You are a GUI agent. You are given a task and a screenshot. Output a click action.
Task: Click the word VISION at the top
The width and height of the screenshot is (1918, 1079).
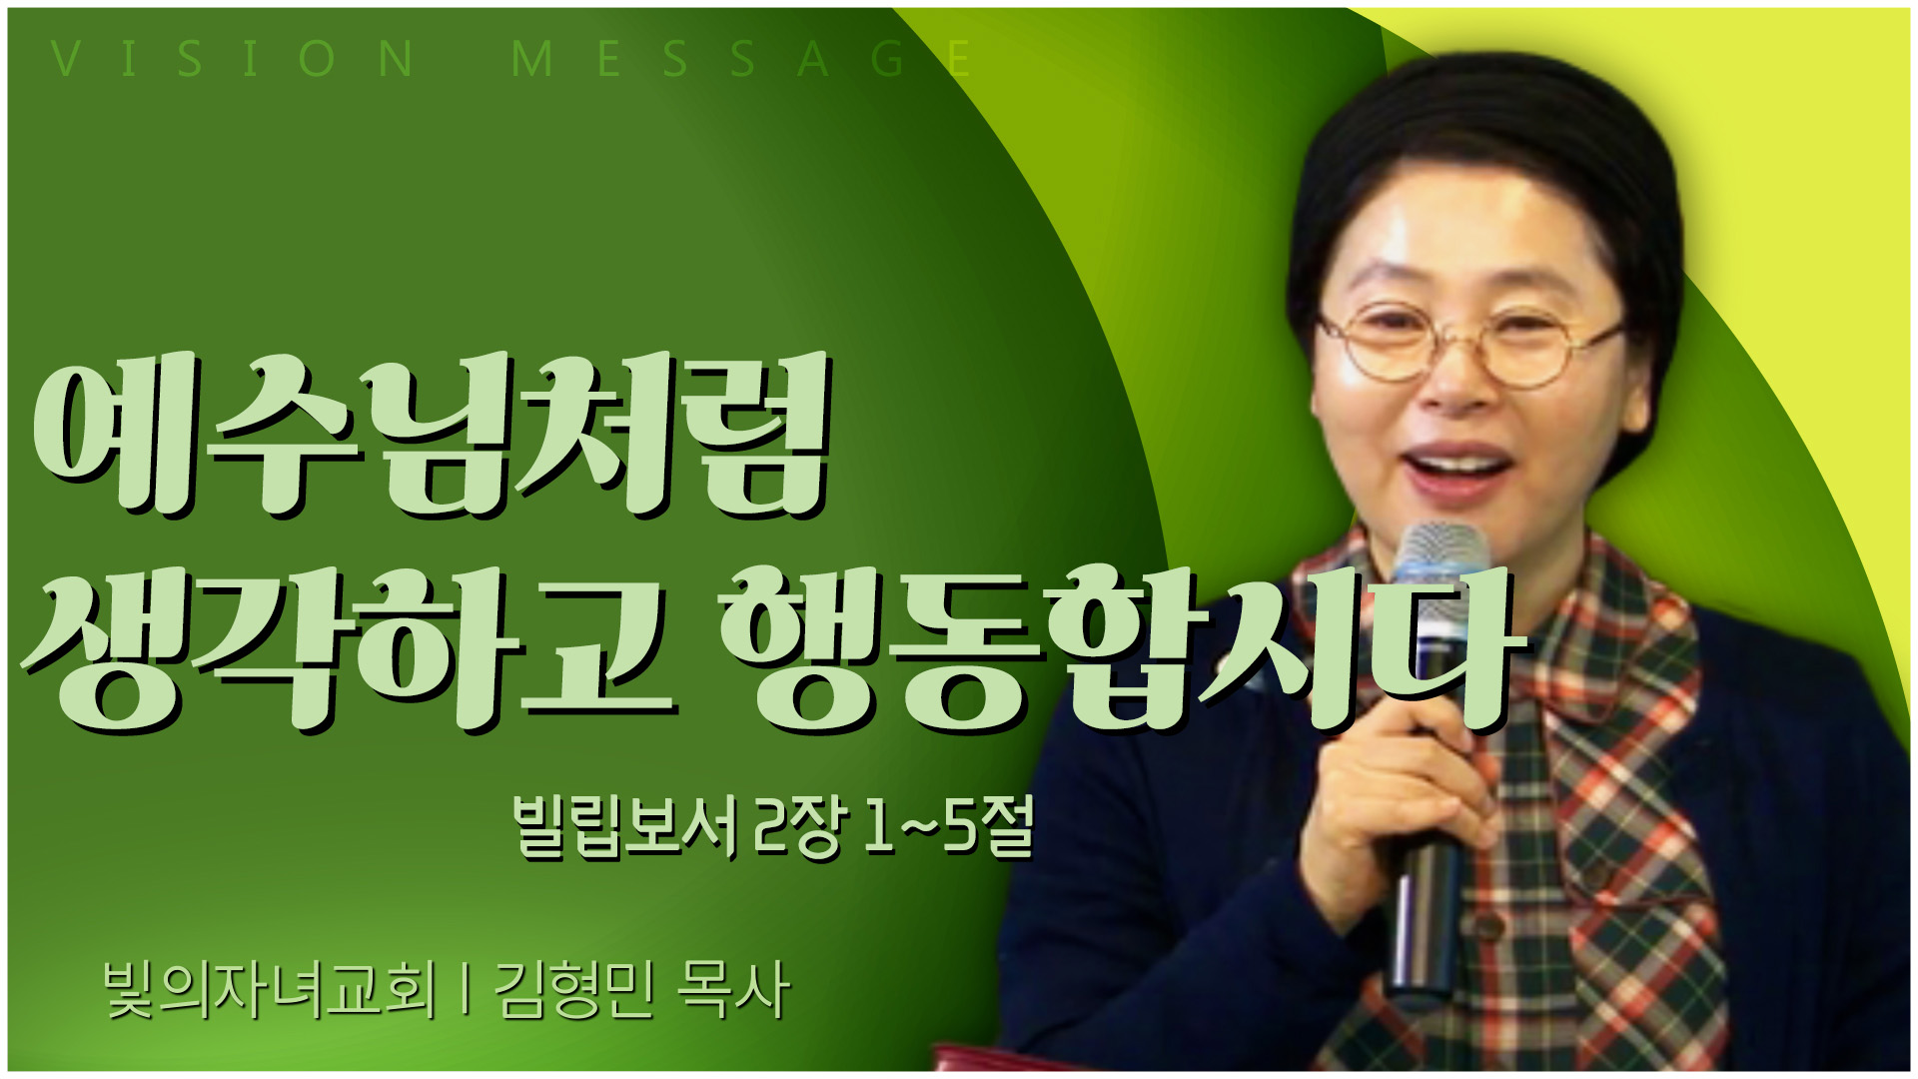pos(232,59)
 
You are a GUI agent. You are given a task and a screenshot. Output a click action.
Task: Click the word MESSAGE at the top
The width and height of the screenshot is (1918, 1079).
pos(741,59)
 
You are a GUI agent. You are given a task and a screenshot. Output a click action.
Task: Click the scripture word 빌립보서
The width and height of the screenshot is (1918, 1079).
pos(625,827)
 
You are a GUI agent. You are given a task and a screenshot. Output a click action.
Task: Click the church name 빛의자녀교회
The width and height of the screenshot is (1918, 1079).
pos(270,990)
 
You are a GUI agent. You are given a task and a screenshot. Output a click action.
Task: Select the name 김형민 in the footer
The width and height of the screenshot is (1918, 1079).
pos(573,990)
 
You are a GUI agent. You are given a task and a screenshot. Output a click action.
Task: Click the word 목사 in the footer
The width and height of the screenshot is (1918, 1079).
pos(733,990)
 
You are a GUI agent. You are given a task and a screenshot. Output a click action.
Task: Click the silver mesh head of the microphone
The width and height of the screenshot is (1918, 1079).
pos(1439,569)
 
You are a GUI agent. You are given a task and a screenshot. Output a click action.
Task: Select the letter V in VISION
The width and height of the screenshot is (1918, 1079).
pos(65,59)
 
